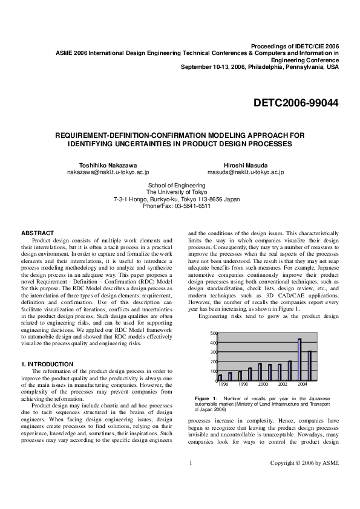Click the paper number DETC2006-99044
click(296, 103)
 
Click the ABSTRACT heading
click(38, 233)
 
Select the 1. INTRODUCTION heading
click(47, 364)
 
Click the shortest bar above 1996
click(220, 378)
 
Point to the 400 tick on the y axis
click(212, 343)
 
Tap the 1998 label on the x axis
click(243, 384)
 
